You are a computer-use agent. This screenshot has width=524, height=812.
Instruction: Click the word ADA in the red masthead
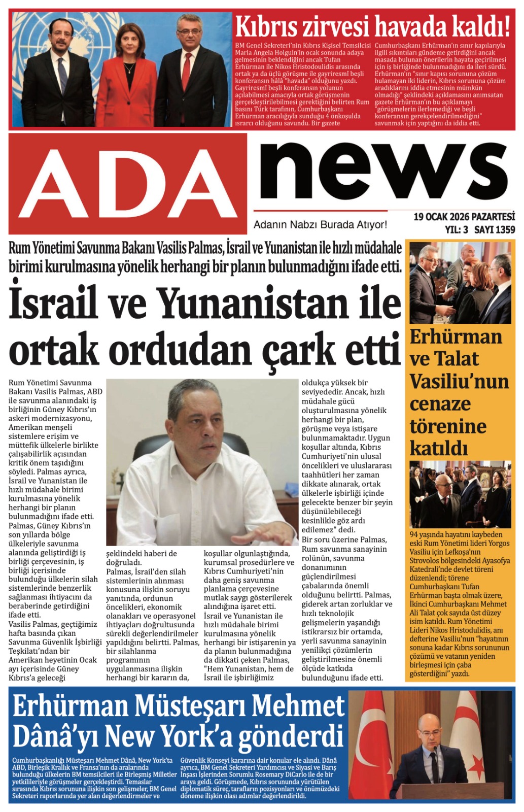click(x=128, y=184)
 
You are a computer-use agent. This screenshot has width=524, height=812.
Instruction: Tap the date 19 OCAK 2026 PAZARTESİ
click(x=464, y=217)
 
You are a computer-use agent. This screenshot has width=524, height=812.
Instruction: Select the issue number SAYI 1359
click(x=494, y=229)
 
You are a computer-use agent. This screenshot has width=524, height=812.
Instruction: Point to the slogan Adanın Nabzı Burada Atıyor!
click(x=320, y=224)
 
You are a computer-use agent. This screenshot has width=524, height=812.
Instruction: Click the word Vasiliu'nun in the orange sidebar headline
click(x=459, y=382)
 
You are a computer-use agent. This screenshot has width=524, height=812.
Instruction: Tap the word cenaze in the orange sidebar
click(x=440, y=404)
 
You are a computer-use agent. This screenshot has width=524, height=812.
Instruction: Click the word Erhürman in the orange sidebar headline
click(x=456, y=337)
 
